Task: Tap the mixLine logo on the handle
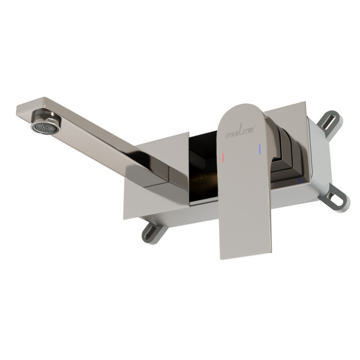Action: (240, 131)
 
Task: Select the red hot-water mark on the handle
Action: (223, 157)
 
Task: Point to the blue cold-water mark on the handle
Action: (260, 149)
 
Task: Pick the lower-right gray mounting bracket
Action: (335, 198)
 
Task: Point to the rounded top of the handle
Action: (244, 108)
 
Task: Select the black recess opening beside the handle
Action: (203, 166)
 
